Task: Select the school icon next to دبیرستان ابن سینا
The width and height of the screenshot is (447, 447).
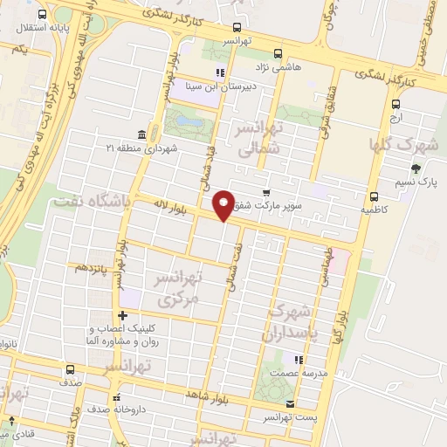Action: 220,72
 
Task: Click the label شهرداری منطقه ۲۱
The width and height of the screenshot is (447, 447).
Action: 144,148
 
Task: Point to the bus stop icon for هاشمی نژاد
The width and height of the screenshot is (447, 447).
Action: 278,52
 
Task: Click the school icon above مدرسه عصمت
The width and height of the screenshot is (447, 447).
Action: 299,360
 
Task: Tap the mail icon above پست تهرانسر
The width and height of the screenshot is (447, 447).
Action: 290,404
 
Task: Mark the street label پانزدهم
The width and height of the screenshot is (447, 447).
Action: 93,267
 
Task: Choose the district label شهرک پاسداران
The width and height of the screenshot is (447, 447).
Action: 292,322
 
